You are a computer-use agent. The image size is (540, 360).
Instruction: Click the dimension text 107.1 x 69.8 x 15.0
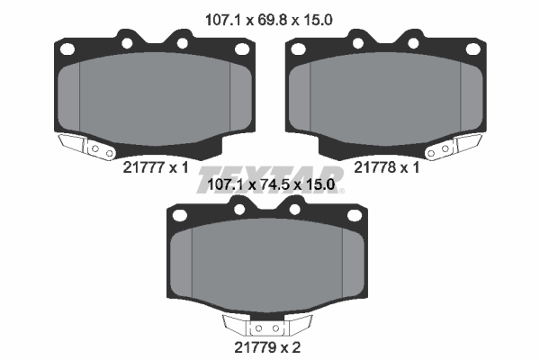268,20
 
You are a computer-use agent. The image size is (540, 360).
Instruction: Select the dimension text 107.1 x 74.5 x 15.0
271,185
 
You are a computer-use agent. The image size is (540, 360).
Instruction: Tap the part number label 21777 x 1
156,167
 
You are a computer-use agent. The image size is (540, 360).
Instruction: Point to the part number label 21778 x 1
387,167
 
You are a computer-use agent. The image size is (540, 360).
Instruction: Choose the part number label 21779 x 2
267,347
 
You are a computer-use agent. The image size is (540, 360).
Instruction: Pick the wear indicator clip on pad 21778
454,147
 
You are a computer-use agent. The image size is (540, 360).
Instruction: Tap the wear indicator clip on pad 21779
267,326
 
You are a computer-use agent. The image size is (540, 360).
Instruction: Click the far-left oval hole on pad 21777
67,49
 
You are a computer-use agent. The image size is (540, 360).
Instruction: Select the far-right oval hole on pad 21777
242,49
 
